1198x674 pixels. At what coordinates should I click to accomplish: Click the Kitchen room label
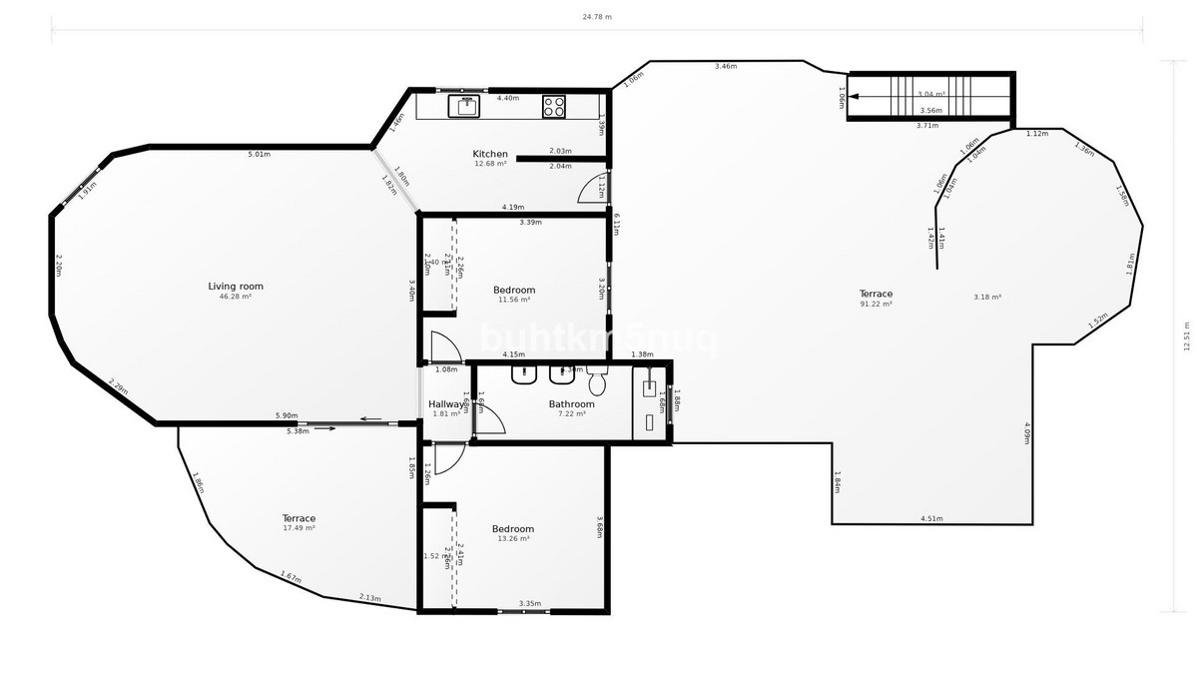pos(490,154)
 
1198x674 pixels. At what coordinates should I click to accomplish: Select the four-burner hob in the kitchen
pos(554,105)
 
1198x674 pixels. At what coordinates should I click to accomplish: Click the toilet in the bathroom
pos(598,381)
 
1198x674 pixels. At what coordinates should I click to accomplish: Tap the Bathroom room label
pos(571,404)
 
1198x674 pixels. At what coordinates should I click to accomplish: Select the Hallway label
pos(446,404)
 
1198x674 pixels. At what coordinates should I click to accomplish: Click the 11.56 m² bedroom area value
pos(514,300)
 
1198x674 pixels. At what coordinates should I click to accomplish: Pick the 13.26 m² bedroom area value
pos(514,538)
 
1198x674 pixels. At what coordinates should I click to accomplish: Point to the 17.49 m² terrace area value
pos(299,528)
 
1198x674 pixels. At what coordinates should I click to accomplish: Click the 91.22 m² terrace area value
pos(876,304)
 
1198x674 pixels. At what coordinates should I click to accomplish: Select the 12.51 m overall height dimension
pos(1186,337)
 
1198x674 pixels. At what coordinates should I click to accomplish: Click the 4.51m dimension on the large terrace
pos(930,518)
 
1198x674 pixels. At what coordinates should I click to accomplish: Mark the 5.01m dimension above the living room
pos(260,154)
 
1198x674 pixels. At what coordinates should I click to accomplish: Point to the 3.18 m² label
pos(987,297)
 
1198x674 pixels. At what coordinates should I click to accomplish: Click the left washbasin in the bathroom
pos(524,375)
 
